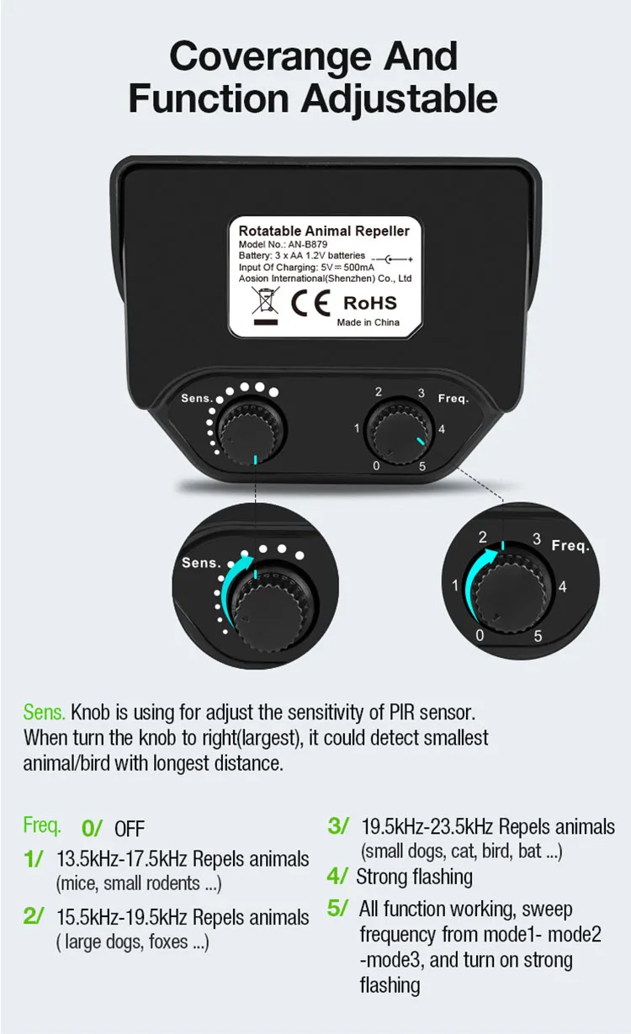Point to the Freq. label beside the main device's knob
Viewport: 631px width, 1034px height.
tap(453, 398)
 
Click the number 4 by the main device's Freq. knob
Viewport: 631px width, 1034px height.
tap(442, 429)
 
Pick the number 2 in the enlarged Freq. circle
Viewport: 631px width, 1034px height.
tap(483, 537)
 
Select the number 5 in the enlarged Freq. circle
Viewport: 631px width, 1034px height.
tap(538, 636)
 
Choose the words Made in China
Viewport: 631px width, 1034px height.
tap(368, 322)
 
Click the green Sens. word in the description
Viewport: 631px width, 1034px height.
tap(44, 713)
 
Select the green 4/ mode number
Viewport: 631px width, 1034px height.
tap(337, 877)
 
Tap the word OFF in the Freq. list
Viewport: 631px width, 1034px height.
tap(130, 829)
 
